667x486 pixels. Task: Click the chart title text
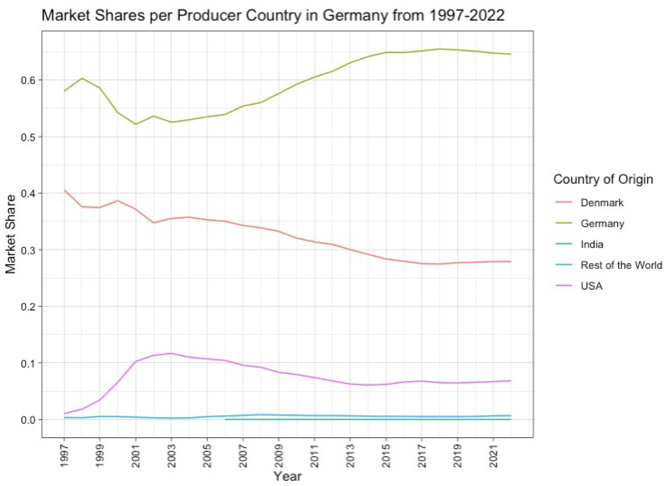(x=273, y=15)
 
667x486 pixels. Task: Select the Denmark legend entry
(x=602, y=203)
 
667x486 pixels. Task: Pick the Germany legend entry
(x=602, y=223)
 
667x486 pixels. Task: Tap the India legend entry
(x=592, y=244)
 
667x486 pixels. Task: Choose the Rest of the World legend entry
(x=621, y=265)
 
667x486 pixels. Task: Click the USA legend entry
(x=591, y=286)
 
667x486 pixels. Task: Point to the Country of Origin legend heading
(x=603, y=179)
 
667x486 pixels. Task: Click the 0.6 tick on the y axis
(x=28, y=80)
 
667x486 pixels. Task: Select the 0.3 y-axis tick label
(x=28, y=250)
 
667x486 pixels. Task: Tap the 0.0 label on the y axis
(x=28, y=420)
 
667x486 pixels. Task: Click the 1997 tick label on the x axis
(x=64, y=455)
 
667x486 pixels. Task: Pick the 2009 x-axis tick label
(x=279, y=455)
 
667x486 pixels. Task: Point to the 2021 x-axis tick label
(x=493, y=455)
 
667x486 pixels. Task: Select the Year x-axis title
(x=287, y=476)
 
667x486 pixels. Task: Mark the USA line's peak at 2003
(x=171, y=353)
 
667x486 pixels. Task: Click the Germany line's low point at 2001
(x=136, y=124)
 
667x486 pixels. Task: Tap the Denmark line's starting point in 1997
(x=64, y=190)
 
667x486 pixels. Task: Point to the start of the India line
(x=226, y=419)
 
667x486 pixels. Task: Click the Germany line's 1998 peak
(x=82, y=78)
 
